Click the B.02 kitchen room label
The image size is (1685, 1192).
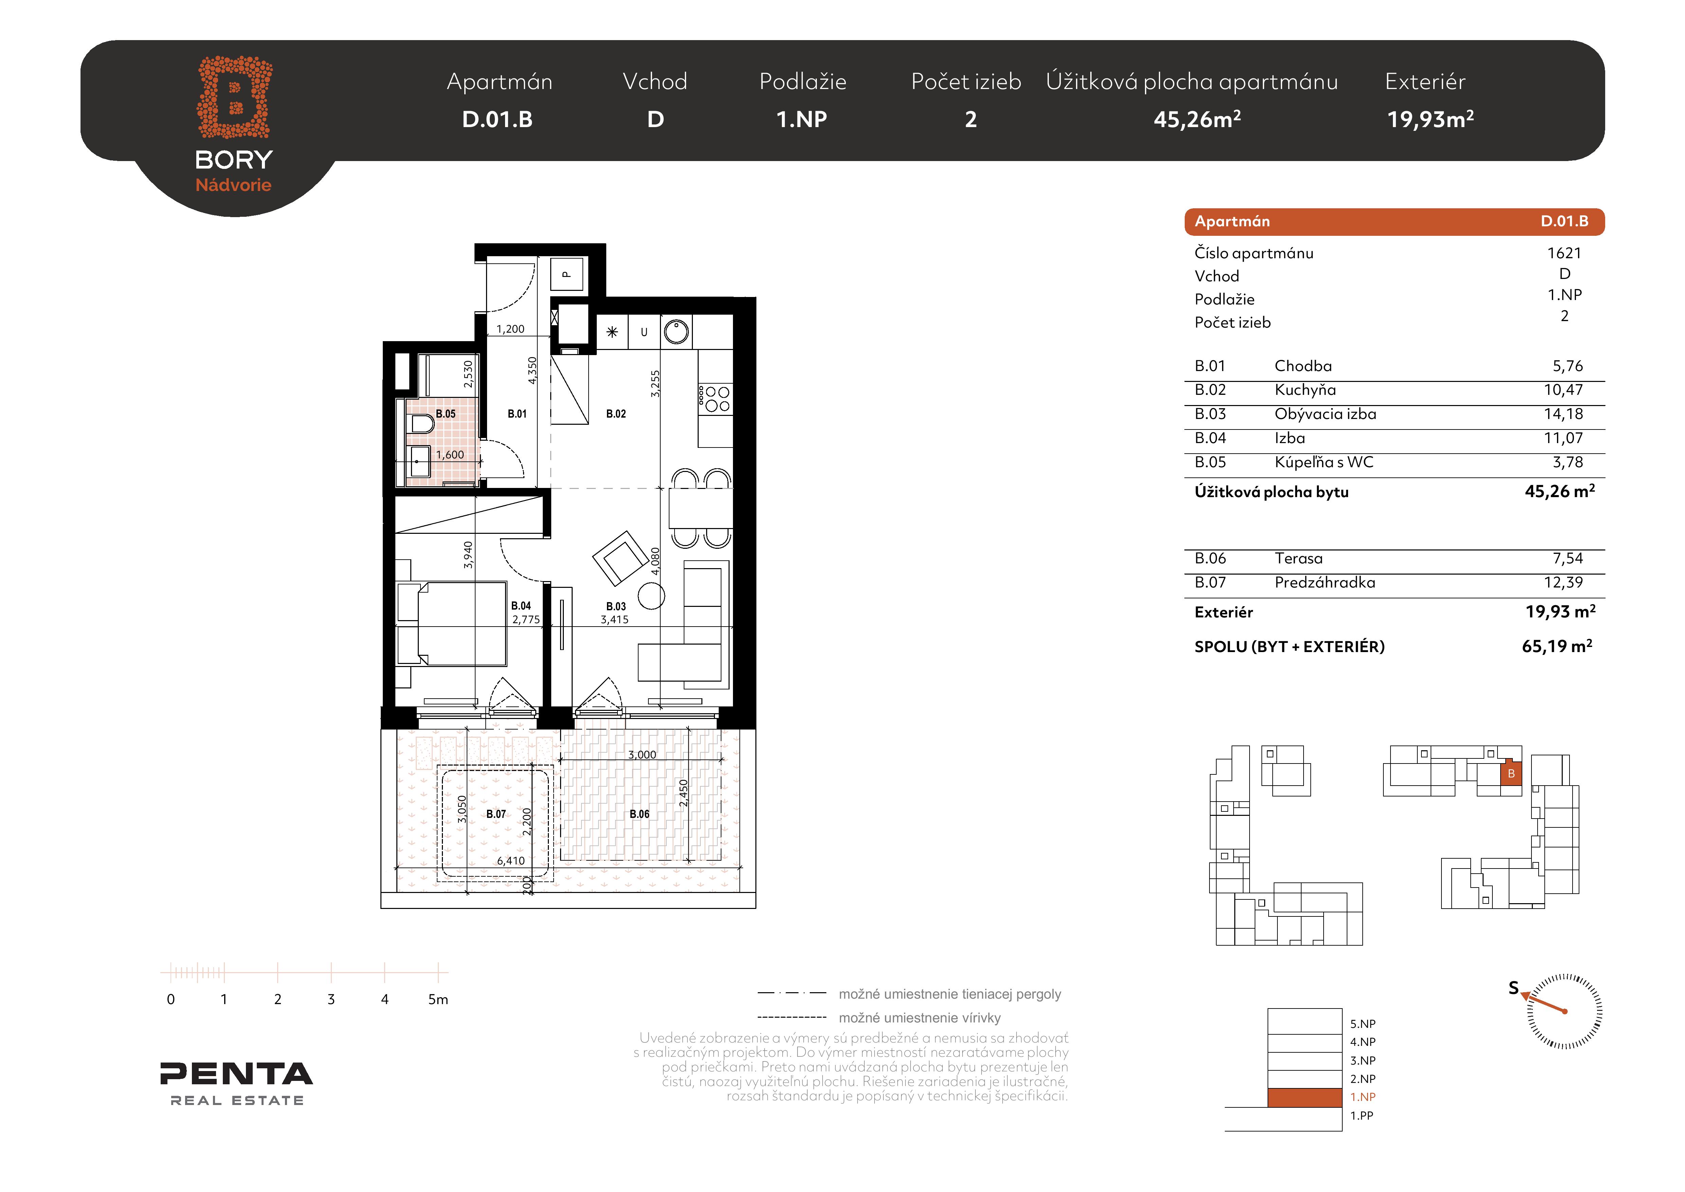[x=616, y=414]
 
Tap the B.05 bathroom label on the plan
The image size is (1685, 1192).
[x=446, y=414]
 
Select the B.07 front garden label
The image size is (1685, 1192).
[x=496, y=814]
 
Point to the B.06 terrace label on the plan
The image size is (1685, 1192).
[x=639, y=814]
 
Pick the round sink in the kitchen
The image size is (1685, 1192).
[x=676, y=332]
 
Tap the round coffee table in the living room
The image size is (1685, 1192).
[x=651, y=596]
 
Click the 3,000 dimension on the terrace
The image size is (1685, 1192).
[x=642, y=755]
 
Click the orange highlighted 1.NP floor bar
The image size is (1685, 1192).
[x=1305, y=1097]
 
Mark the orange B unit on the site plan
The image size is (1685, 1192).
[x=1511, y=774]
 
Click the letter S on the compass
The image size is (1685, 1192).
[x=1513, y=988]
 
